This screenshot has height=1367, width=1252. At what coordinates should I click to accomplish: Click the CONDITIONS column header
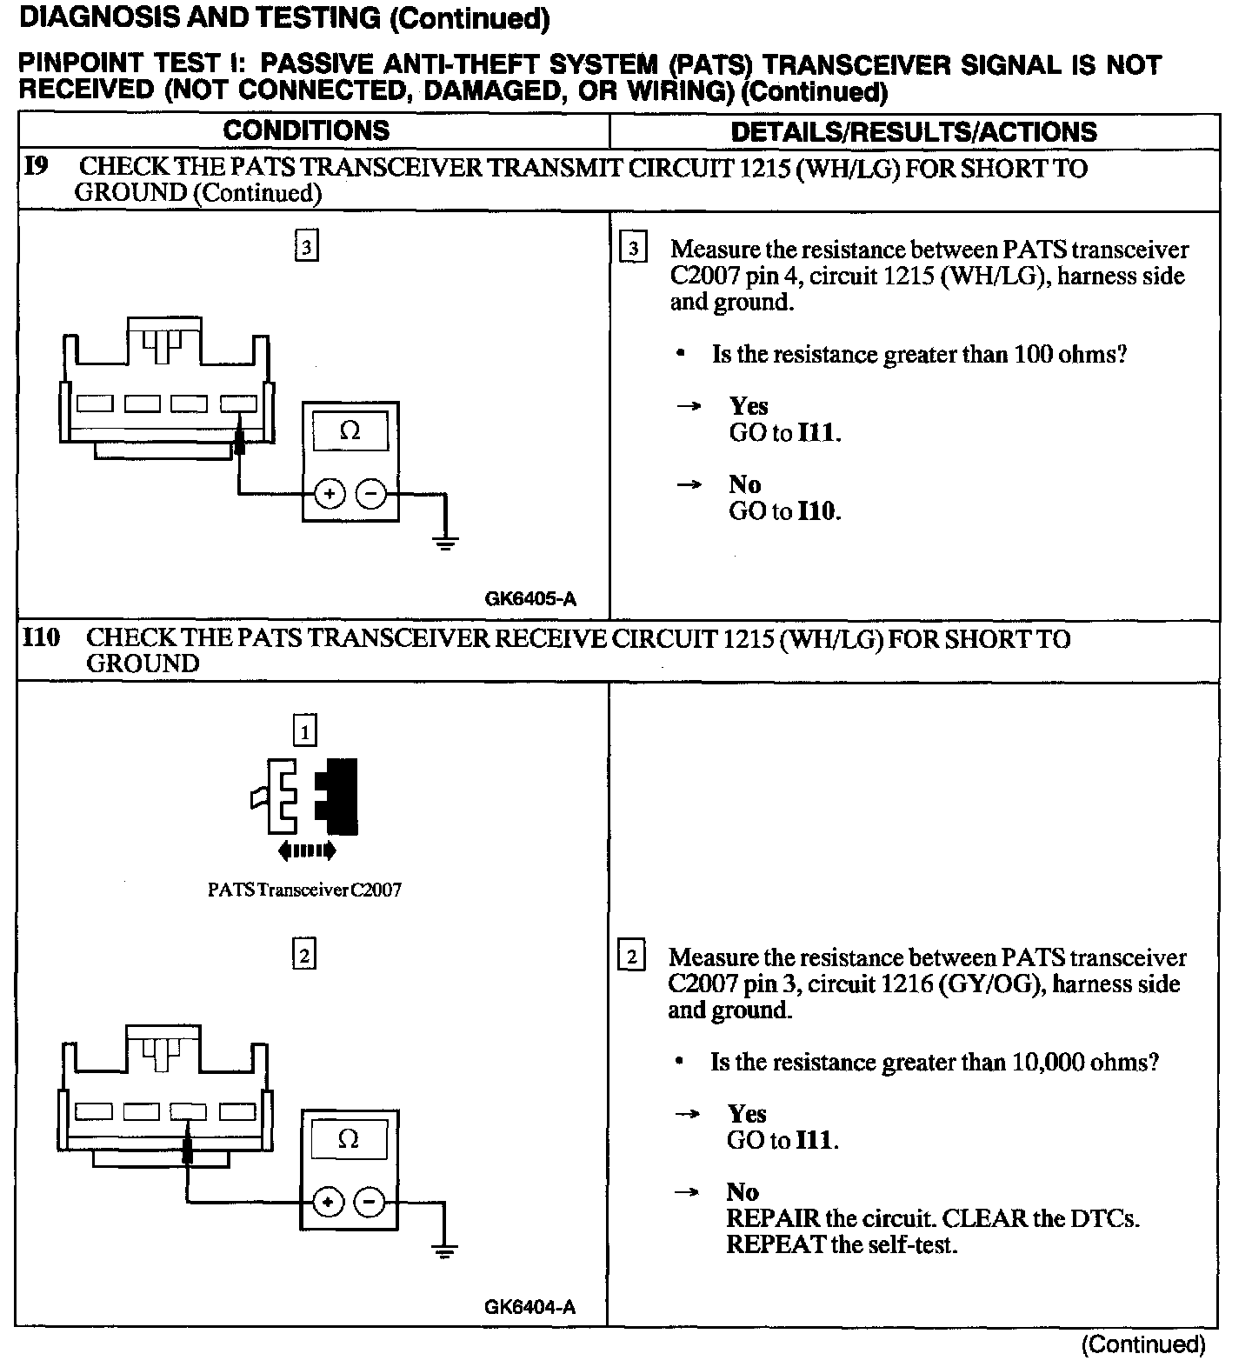click(306, 130)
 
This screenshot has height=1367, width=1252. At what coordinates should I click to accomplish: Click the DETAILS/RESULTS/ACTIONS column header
click(913, 131)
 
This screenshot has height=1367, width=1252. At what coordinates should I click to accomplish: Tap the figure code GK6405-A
click(530, 598)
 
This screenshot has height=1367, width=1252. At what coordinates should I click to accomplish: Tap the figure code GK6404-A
click(529, 1307)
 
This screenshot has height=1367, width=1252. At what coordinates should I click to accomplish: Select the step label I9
click(37, 167)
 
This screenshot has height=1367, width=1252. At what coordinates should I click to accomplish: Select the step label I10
click(41, 638)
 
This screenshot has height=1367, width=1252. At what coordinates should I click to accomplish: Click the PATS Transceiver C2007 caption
click(304, 890)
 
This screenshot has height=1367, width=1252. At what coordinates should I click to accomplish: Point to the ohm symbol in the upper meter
click(350, 430)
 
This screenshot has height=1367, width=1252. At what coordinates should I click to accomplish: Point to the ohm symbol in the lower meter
click(349, 1138)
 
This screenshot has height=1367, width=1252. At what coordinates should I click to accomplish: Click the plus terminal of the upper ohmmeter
click(329, 494)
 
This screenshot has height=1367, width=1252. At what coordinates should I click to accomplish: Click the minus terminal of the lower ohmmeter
click(370, 1203)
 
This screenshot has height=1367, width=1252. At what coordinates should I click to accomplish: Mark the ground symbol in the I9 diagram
click(446, 545)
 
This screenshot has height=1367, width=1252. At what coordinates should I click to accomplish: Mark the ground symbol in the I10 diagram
click(445, 1252)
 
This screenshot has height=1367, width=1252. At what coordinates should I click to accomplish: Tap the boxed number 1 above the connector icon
click(305, 731)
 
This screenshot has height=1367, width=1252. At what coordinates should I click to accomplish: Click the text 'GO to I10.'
click(784, 510)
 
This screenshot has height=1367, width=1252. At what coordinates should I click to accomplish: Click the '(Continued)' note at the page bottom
click(1142, 1344)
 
